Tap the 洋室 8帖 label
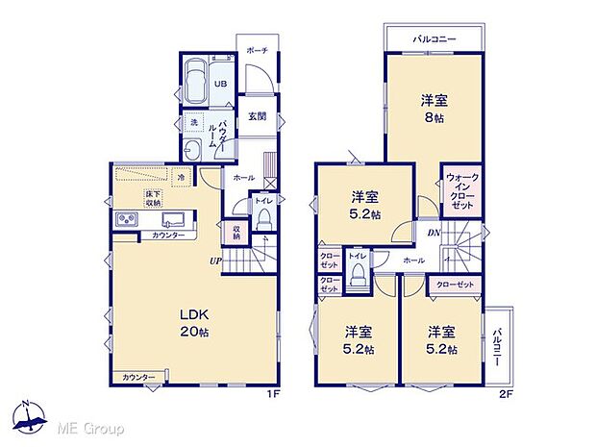point(433,108)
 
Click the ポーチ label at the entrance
point(257,50)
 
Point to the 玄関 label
point(257,117)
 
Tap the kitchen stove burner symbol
point(127,221)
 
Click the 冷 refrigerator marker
point(181,177)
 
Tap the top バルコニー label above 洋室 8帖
point(435,38)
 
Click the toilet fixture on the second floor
point(359,277)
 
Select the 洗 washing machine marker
point(192,123)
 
